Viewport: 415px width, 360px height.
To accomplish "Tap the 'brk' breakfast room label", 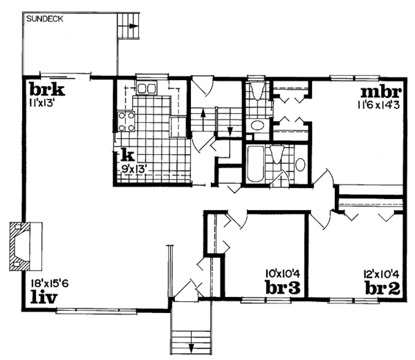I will pos(46,89).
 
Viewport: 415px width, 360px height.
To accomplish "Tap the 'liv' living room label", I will pos(44,297).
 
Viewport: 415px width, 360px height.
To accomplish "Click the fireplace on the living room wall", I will pos(25,245).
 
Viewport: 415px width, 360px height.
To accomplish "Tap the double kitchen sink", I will pos(146,89).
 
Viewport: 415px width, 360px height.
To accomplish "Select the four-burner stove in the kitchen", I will pos(127,122).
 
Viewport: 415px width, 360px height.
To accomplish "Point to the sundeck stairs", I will pos(129,28).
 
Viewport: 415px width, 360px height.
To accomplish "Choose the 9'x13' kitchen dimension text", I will pos(136,167).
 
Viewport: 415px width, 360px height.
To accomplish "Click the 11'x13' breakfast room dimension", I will pos(42,103).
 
